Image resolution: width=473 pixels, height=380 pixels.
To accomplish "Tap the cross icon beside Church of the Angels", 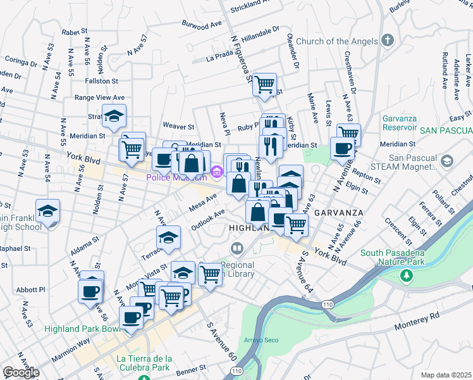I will pos(388,41).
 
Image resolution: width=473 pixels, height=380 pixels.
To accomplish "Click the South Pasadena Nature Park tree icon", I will pos(406,275).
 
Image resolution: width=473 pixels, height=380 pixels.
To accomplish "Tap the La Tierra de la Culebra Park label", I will pos(144,362).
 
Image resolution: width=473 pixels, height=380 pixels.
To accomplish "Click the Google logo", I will pos(20,372).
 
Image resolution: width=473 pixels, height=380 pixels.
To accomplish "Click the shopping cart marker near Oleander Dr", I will pos(264,84).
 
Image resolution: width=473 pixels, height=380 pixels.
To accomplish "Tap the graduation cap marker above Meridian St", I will pos(114,115).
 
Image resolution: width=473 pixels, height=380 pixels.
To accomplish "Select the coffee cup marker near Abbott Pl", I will pos(90,291).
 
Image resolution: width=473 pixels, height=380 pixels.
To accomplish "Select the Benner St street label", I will pos(191,367).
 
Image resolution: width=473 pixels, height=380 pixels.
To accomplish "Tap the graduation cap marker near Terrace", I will pos(168,237).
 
